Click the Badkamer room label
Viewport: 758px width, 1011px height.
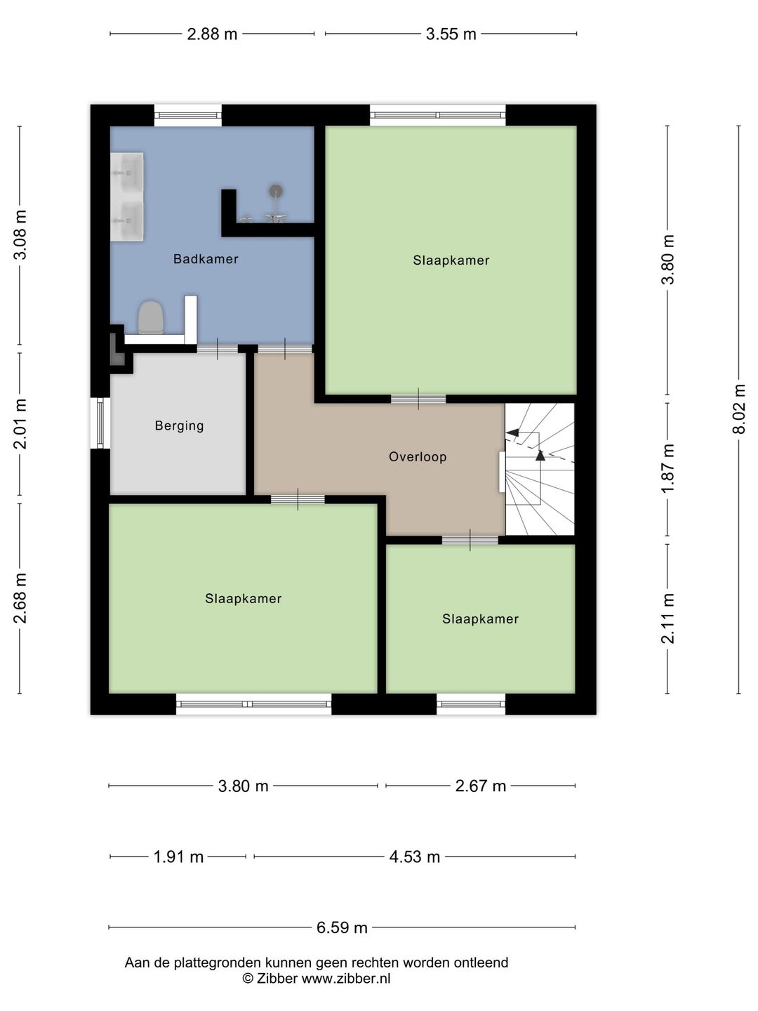click(x=205, y=259)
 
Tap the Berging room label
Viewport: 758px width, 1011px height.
click(x=179, y=425)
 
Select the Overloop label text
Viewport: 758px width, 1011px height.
click(x=418, y=457)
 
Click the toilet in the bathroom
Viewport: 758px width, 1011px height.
click(x=151, y=317)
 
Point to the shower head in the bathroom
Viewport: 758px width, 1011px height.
click(x=276, y=191)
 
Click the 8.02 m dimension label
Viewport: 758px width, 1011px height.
click(x=738, y=409)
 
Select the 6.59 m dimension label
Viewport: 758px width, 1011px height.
click(x=342, y=927)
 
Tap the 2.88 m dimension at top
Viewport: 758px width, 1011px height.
click(x=212, y=34)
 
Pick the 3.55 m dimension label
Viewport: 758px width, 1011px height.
click(x=451, y=34)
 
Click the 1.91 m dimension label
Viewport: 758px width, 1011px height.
click(x=178, y=857)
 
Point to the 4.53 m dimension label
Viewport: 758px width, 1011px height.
click(x=415, y=857)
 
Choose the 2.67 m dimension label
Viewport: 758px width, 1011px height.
click(x=481, y=786)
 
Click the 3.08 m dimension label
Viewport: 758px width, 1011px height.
click(x=20, y=235)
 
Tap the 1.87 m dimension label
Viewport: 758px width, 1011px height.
click(x=667, y=468)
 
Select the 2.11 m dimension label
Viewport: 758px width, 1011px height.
click(x=667, y=618)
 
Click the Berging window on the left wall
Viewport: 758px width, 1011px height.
click(x=100, y=423)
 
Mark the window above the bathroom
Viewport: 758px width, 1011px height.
click(x=188, y=115)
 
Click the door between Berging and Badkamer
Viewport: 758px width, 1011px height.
click(x=218, y=349)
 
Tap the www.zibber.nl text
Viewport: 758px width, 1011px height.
click(x=345, y=978)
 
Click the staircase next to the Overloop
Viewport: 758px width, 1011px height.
click(x=540, y=469)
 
